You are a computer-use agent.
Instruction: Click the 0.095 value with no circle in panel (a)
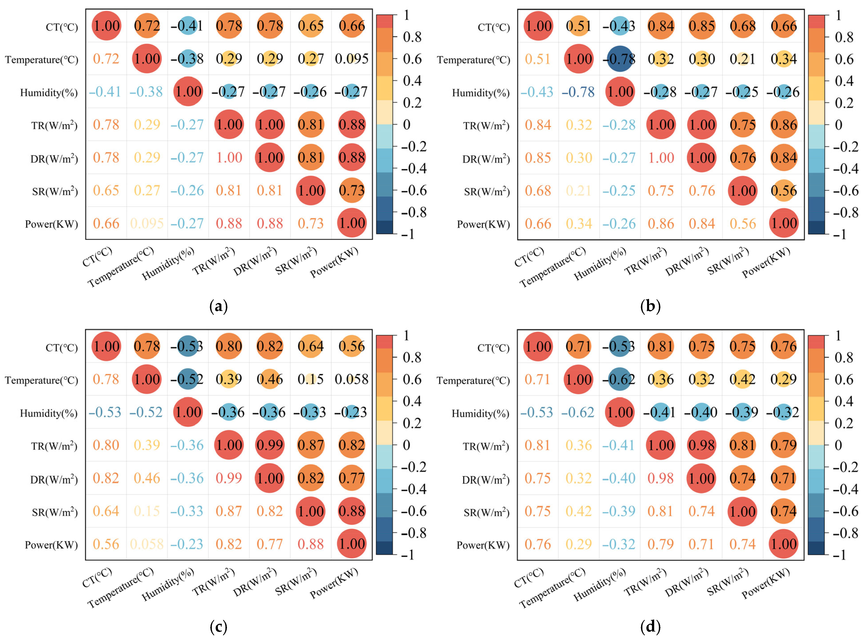click(351, 59)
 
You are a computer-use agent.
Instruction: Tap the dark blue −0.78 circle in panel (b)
click(620, 59)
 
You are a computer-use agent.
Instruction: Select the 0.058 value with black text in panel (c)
click(351, 379)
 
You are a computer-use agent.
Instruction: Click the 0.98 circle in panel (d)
click(701, 445)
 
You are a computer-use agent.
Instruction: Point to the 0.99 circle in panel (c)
click(270, 445)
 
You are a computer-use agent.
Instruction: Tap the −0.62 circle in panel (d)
click(620, 379)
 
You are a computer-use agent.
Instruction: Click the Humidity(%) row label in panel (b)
click(480, 93)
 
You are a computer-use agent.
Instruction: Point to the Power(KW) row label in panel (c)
click(51, 545)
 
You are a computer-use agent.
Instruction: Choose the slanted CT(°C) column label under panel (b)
click(529, 257)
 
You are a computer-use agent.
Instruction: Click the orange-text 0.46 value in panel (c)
click(147, 478)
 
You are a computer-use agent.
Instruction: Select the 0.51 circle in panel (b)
click(579, 26)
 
